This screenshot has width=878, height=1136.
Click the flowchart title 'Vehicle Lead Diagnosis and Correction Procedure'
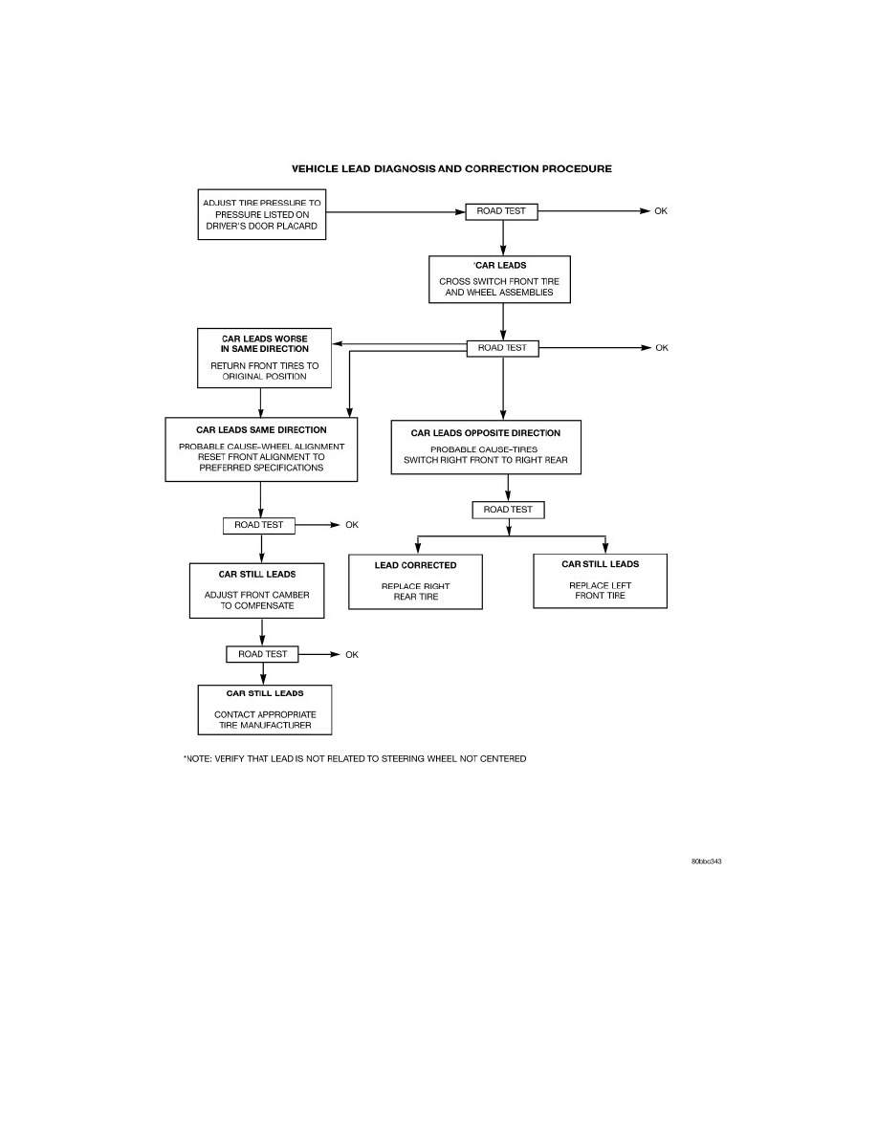[451, 169]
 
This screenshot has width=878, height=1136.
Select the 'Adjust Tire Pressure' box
[261, 214]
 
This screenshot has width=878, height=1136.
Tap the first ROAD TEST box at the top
[501, 211]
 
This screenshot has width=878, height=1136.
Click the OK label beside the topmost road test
[661, 211]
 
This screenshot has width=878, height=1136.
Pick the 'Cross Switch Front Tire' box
[499, 279]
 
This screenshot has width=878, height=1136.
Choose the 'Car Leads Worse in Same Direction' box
[264, 358]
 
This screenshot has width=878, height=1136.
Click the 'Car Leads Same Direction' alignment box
[261, 449]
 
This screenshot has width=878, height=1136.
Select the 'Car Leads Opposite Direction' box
[485, 447]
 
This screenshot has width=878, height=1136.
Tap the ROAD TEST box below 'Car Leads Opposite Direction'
[508, 510]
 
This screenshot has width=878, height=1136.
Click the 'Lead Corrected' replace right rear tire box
[415, 581]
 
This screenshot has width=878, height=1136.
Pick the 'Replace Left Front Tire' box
[600, 581]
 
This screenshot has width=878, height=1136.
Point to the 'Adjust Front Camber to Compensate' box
[256, 591]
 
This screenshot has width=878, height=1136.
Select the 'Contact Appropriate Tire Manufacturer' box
[264, 710]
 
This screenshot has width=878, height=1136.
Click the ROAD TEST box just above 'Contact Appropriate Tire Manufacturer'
[262, 654]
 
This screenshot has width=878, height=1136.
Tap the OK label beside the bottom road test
[352, 655]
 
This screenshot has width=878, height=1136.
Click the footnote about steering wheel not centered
[355, 758]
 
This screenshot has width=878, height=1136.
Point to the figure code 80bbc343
[706, 862]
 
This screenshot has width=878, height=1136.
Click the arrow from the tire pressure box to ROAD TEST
[396, 212]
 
